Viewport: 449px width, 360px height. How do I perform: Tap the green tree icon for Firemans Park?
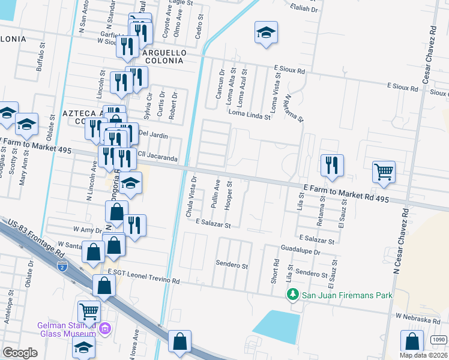coord(292,295)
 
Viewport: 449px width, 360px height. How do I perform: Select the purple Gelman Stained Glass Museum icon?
coord(105,328)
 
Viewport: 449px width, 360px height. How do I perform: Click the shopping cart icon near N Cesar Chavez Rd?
coord(384,172)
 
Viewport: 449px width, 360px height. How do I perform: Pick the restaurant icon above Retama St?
coord(332,164)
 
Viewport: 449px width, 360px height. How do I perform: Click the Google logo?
coord(20,353)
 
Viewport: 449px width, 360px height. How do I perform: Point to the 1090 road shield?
coord(439,340)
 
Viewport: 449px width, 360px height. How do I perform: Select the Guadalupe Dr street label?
coord(300,253)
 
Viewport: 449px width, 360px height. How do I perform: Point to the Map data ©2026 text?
coord(423,355)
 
